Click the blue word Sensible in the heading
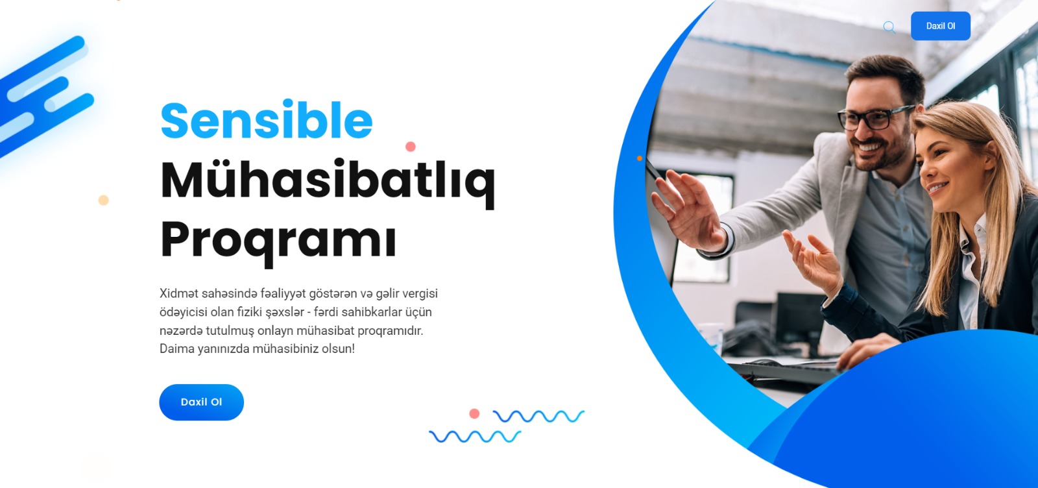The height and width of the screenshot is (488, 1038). pos(267,119)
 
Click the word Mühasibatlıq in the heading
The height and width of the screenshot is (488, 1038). pos(328,182)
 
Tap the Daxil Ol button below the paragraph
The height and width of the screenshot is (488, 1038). pos(202,402)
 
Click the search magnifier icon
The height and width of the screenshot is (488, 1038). pos(889,27)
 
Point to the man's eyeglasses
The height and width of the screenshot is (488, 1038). pos(875,117)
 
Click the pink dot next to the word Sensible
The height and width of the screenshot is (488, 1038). pos(411,147)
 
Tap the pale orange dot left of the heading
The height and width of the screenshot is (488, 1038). pos(103,201)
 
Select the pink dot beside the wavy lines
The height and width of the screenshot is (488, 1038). pos(474,414)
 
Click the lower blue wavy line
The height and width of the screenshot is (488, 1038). pos(475,436)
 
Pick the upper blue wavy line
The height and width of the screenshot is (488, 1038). pos(538,416)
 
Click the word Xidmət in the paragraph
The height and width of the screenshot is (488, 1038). pos(179,293)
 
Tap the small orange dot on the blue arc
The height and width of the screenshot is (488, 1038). pos(640,158)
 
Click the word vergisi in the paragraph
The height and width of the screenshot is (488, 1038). pos(420,293)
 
